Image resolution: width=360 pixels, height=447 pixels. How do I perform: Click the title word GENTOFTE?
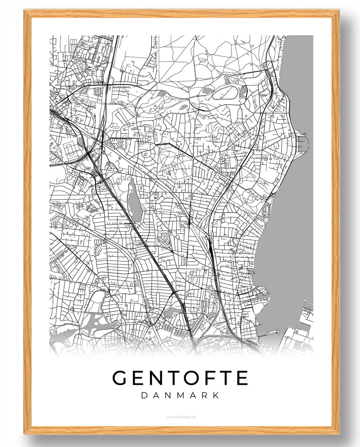pyautogui.click(x=180, y=378)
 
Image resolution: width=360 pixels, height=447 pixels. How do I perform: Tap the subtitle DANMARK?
pyautogui.click(x=180, y=396)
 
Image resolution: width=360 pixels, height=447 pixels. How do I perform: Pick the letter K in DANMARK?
pyautogui.click(x=215, y=396)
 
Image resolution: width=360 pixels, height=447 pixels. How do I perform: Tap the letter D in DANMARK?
pyautogui.click(x=144, y=396)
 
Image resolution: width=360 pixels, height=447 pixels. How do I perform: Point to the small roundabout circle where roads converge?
pyautogui.click(x=193, y=157)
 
